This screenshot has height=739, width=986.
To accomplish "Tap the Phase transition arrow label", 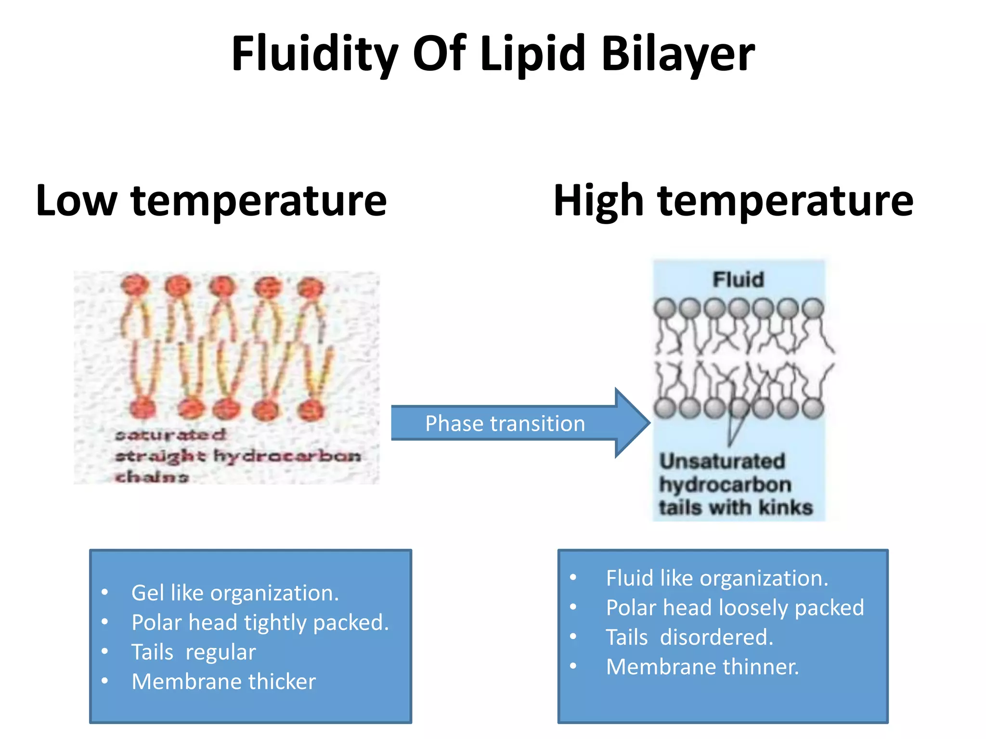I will click(505, 424).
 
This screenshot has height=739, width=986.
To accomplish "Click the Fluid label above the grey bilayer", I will click(738, 280).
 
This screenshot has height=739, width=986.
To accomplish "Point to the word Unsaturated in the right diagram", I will click(722, 461).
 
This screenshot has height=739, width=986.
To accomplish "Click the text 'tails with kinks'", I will click(736, 508).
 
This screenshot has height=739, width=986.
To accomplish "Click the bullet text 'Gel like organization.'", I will click(235, 593).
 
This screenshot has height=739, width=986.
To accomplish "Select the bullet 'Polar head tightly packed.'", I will click(260, 623).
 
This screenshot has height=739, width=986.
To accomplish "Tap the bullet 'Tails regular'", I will click(194, 652).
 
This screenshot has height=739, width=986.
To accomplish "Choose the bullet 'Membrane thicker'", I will click(223, 682).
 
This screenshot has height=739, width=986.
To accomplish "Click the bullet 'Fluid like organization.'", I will click(717, 578).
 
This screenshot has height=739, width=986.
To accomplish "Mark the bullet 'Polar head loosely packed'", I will click(735, 608).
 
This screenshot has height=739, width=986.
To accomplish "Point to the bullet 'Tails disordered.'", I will click(689, 637).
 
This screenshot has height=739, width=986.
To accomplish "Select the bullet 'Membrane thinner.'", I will click(702, 667).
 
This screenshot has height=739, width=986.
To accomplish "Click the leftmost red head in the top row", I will click(135, 285).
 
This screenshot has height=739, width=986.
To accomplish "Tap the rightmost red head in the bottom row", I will click(311, 410).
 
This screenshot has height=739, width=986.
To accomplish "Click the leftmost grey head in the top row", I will click(665, 308).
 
